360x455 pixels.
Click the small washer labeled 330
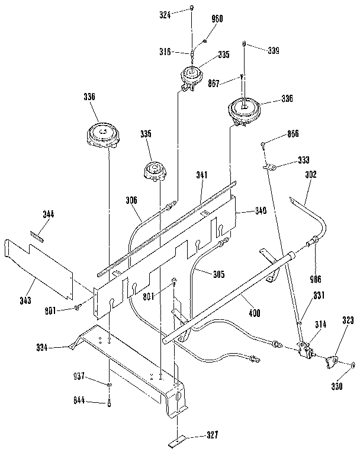click(x=353, y=366)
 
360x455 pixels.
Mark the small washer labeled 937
click(x=110, y=385)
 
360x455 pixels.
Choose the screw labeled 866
click(x=263, y=144)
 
